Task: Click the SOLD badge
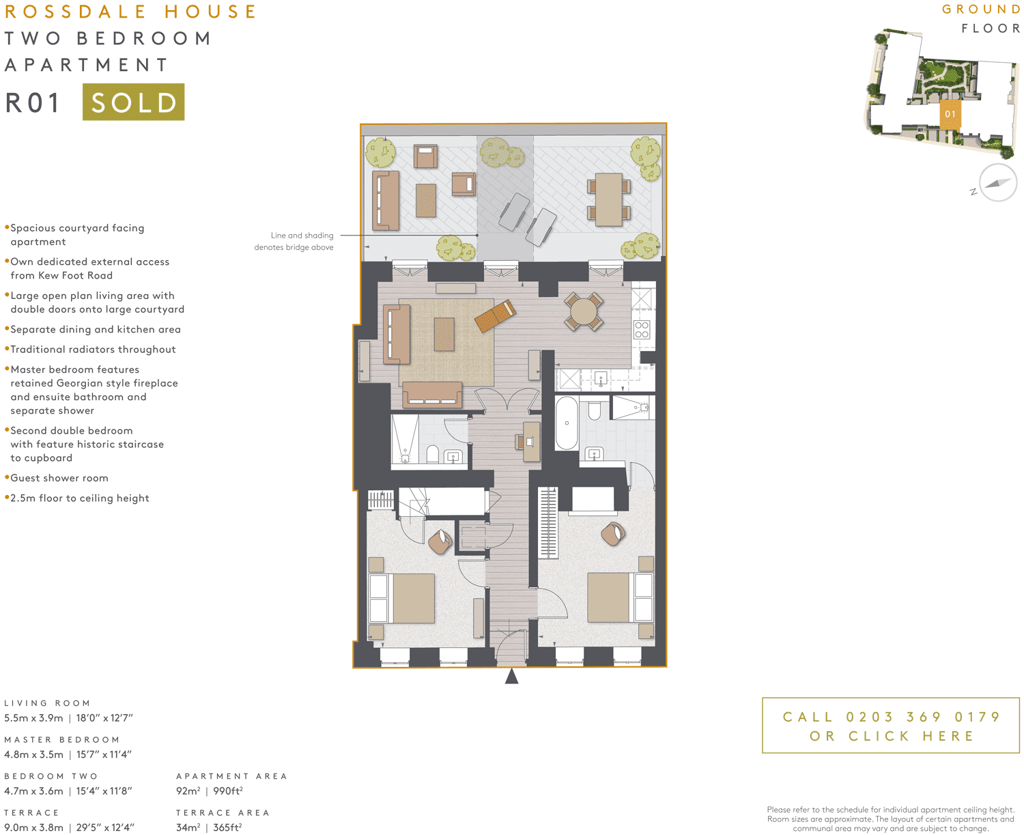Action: [x=133, y=102]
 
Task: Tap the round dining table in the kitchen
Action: [x=584, y=312]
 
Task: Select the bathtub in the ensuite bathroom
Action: [x=566, y=423]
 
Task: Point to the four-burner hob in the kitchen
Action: [x=642, y=330]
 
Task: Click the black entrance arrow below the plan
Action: [x=511, y=677]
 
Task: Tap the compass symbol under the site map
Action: [x=997, y=183]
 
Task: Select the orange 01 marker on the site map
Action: [x=950, y=114]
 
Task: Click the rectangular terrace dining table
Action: [x=608, y=199]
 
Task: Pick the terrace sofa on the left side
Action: [x=386, y=200]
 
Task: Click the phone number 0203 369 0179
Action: [x=923, y=717]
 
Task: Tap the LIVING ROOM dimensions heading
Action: [x=48, y=703]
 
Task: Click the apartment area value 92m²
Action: [x=188, y=791]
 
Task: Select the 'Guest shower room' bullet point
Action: [x=59, y=478]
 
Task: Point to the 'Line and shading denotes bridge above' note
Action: [x=294, y=241]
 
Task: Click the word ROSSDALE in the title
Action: [x=76, y=12]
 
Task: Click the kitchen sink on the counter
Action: [x=600, y=378]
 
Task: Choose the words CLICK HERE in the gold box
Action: [x=911, y=736]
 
